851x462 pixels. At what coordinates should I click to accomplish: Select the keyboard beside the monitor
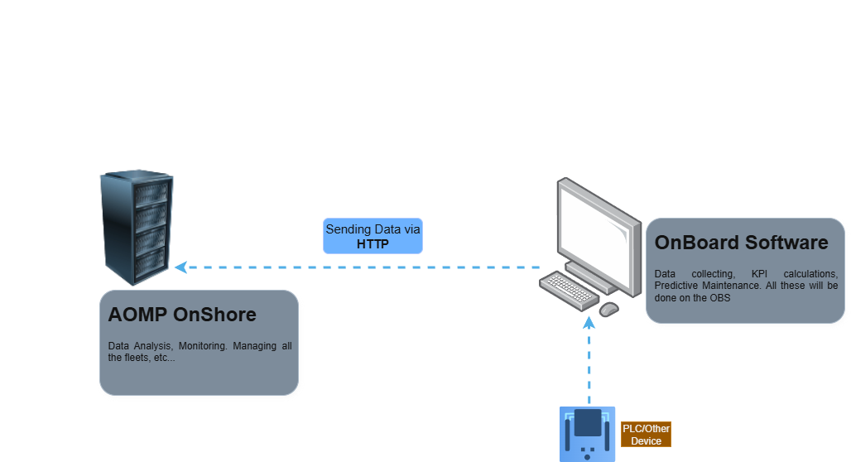click(570, 289)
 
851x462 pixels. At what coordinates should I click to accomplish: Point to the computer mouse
click(608, 309)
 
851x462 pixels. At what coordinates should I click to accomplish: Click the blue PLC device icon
click(588, 433)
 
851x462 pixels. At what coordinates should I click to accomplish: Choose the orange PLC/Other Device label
click(646, 435)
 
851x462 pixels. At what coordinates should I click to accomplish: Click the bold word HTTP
click(373, 244)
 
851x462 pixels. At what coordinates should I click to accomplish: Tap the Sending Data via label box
click(373, 236)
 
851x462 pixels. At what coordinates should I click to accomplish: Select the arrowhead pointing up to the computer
click(589, 321)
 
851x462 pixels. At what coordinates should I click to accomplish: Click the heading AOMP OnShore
click(182, 315)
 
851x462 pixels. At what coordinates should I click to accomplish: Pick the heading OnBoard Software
click(741, 243)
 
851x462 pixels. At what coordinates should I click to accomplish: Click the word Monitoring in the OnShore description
click(203, 346)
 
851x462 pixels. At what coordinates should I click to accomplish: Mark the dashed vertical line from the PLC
click(589, 364)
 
